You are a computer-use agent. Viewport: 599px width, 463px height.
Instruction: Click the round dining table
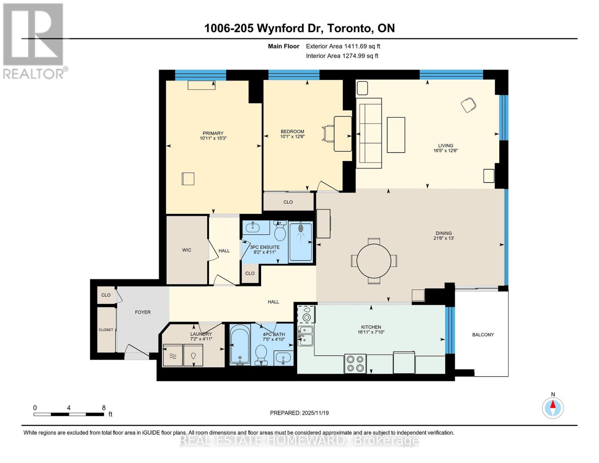point(374,261)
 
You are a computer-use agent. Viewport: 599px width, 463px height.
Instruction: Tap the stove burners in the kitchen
point(355,363)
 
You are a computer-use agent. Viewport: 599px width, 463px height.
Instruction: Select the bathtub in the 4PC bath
point(240,345)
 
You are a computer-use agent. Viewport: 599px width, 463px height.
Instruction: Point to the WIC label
point(187,250)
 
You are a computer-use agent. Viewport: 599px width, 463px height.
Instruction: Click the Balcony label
point(483,335)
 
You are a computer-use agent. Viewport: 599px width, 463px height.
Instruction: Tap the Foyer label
point(143,312)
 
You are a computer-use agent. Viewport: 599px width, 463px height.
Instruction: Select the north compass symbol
point(553,407)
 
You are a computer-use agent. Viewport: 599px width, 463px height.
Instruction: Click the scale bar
point(69,414)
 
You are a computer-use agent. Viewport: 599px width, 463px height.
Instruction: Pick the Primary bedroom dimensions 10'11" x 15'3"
point(213,138)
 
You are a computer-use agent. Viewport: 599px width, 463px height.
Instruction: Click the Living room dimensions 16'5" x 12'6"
point(445,151)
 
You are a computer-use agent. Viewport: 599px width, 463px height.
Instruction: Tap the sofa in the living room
point(369,133)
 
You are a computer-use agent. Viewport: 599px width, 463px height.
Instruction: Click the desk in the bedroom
point(343,134)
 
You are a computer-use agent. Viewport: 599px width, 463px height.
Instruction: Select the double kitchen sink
point(305,335)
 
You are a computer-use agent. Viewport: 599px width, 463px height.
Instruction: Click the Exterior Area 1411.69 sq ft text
point(343,46)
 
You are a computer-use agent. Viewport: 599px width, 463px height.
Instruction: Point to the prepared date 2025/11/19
point(299,413)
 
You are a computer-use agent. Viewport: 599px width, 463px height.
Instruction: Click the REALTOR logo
point(34,41)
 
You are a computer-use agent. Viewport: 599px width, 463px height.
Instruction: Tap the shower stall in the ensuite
point(300,241)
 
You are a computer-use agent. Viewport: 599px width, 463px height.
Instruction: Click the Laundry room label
point(201,334)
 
